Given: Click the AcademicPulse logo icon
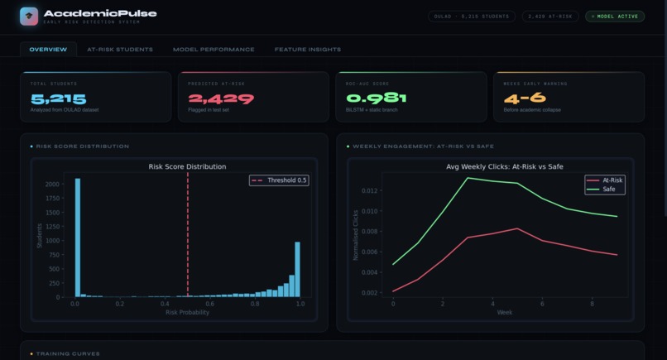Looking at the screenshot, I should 29,17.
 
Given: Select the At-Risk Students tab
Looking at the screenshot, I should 120,50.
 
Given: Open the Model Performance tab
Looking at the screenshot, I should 214,50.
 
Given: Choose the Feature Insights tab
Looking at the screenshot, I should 307,50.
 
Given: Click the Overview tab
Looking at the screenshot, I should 48,50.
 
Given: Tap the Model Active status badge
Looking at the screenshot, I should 614,16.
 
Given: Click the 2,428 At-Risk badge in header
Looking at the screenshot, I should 549,16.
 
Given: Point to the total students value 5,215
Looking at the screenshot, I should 58,98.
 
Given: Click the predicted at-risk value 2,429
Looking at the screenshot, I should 221,98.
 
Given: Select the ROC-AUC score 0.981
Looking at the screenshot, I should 377,98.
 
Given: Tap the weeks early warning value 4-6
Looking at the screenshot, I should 525,98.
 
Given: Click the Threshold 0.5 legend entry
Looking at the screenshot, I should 279,180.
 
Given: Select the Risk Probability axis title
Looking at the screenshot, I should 187,313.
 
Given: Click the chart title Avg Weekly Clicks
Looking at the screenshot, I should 504,166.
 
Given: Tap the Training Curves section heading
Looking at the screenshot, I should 68,354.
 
